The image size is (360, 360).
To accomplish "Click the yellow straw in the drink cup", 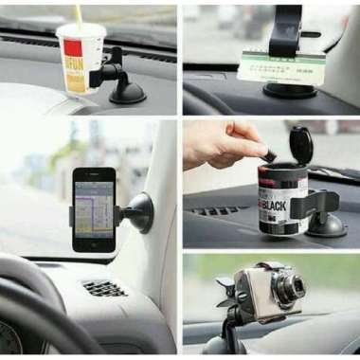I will (78, 14).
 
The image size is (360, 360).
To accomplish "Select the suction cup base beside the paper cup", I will (127, 91).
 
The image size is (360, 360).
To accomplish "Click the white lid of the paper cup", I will (82, 31).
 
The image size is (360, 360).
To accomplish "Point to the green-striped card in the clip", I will (274, 66).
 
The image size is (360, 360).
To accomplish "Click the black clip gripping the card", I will (285, 27).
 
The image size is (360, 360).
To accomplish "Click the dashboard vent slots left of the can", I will (220, 211).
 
